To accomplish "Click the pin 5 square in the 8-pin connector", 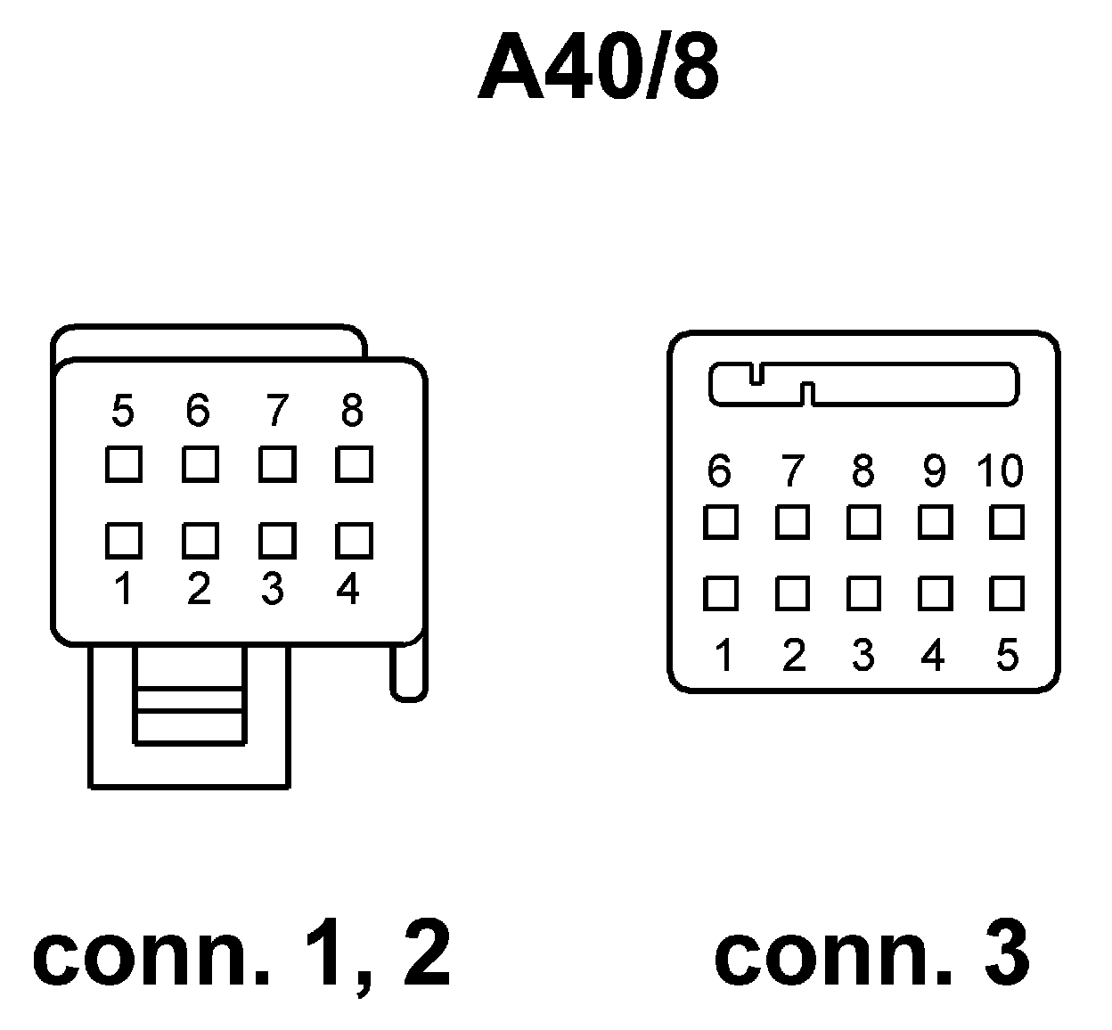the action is [x=124, y=464].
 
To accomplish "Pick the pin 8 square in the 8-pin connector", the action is [x=354, y=464].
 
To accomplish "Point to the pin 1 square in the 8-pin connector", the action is [x=124, y=540].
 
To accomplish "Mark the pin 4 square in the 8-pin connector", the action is [x=354, y=540].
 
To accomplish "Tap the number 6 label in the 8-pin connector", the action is [x=198, y=411].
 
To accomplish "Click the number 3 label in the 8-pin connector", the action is [x=273, y=589].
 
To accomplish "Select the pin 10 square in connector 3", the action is [x=1007, y=522].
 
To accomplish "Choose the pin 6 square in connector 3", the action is [x=721, y=522].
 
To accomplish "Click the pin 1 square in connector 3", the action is [x=721, y=593].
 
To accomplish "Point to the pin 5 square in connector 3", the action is [x=1007, y=593].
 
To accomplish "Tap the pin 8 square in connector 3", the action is [x=863, y=522].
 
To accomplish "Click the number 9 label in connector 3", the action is [x=934, y=471].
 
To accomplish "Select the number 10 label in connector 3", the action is [x=1000, y=471].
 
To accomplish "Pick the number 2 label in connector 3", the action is [x=793, y=656].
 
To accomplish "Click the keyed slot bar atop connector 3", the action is [x=909, y=384].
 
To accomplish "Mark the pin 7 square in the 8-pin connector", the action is [x=277, y=464].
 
